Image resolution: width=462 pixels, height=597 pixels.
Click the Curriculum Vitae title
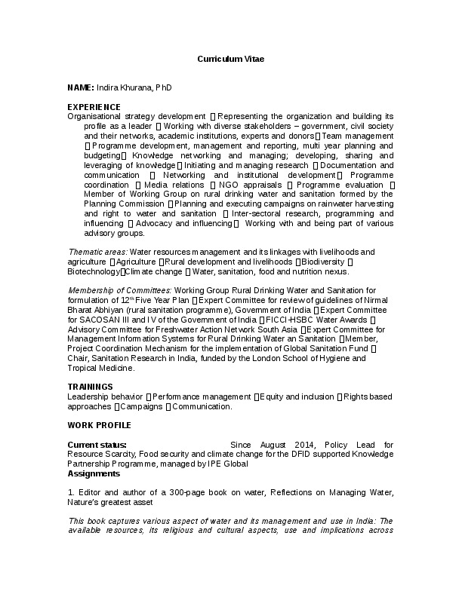[x=231, y=58]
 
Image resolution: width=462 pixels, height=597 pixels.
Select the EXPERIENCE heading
[x=94, y=107]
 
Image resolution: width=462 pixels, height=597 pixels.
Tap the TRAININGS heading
[x=91, y=386]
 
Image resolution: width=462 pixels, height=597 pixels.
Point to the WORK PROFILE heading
[x=99, y=425]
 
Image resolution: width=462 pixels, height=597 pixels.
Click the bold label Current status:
[x=97, y=445]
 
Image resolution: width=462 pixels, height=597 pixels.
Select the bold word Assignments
[x=93, y=474]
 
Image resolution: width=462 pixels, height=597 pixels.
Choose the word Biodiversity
[x=324, y=261]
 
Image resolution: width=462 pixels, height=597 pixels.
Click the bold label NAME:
[x=81, y=87]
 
